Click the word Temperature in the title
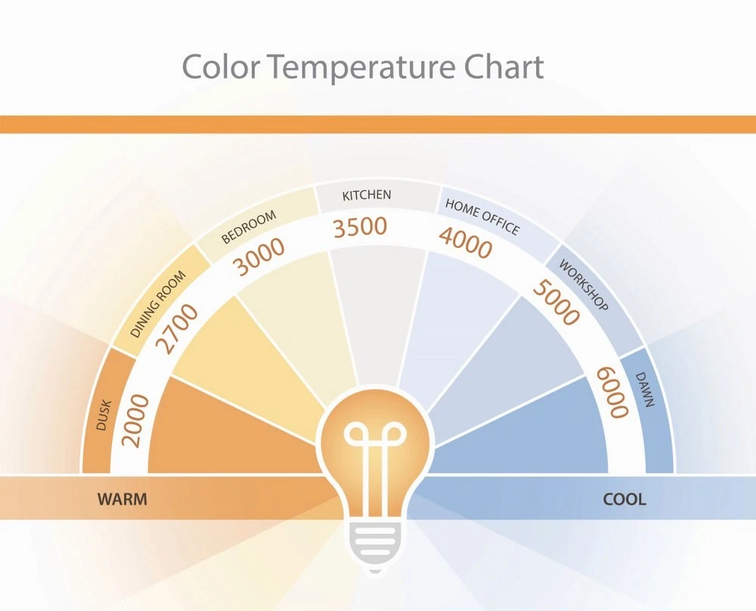pos(366,68)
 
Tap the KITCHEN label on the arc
pos(367,195)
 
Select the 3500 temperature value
pos(360,227)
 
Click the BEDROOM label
pos(249,227)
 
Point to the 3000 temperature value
pos(259,257)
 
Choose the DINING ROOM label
pos(158,304)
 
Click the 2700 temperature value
pos(177,329)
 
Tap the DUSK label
pos(104,415)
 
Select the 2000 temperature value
pos(135,421)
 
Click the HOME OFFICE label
pos(482,218)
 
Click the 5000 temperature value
pos(556,302)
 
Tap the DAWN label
pos(645,390)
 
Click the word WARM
pos(122,499)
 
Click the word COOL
pos(624,499)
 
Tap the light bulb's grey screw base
pos(374,545)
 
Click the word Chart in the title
pos(503,67)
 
